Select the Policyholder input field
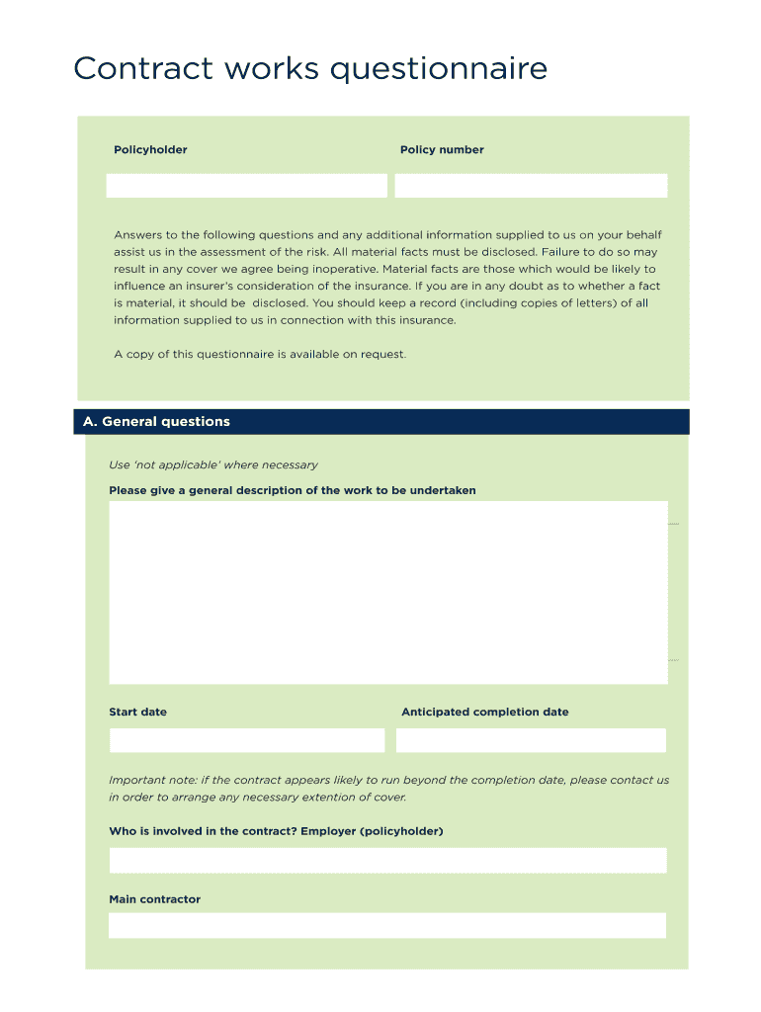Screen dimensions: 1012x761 246,186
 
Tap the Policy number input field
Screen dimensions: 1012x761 531,186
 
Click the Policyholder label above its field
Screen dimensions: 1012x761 150,150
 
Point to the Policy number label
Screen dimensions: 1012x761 442,150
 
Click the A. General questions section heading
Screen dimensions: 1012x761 156,422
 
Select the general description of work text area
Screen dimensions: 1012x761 387,592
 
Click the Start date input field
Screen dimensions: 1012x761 246,740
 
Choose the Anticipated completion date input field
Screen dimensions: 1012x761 531,740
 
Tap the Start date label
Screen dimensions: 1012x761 137,712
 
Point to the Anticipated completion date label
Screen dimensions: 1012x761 484,712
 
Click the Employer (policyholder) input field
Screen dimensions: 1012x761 387,860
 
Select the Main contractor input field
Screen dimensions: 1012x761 387,925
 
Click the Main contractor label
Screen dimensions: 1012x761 154,899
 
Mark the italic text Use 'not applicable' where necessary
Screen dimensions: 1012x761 213,464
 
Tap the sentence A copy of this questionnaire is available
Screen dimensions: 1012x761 260,354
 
